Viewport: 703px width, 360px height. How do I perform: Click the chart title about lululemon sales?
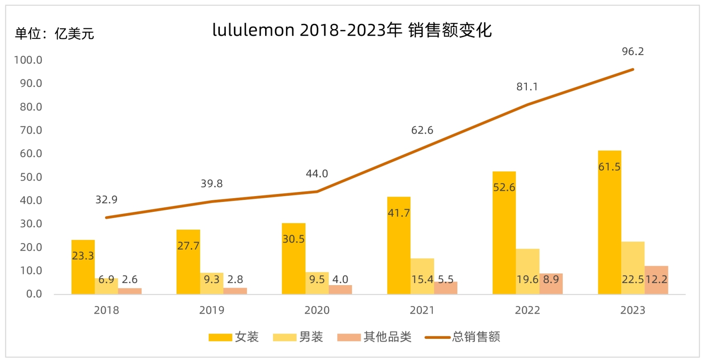(352, 30)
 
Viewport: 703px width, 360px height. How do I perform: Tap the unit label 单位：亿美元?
(55, 34)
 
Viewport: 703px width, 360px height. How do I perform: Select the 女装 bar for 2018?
(83, 267)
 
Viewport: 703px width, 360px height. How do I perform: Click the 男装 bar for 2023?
(633, 268)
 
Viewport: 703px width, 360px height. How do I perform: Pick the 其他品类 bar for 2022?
(551, 284)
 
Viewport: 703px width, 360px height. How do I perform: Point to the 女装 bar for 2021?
(399, 245)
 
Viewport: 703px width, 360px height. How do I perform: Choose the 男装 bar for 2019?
(212, 283)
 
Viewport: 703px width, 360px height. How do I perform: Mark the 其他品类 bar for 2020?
(340, 289)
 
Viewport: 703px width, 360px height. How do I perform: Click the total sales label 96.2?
(633, 52)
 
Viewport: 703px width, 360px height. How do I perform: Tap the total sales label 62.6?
(422, 130)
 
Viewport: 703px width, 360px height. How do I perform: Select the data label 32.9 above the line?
(106, 200)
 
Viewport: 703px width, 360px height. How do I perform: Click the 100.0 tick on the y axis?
(28, 60)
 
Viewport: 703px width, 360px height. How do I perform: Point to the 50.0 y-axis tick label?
(31, 177)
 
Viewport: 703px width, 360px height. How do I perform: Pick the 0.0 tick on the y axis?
(34, 294)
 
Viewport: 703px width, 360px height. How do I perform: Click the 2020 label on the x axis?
(317, 310)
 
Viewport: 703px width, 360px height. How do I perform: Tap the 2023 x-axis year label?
(633, 310)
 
